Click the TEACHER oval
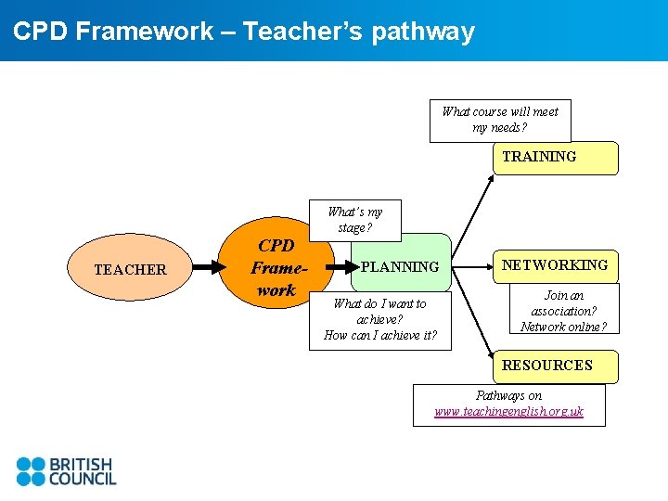[x=130, y=269]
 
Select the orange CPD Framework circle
[x=276, y=267]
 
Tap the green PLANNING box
[x=400, y=266]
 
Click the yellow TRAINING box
[x=555, y=158]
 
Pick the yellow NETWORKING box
[x=555, y=265]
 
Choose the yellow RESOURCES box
[x=555, y=366]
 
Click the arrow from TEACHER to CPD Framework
[x=211, y=268]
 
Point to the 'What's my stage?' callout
[x=354, y=220]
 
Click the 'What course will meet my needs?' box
[x=500, y=121]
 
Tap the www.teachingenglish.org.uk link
[x=508, y=411]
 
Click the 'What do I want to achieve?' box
[x=379, y=319]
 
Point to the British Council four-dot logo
[x=30, y=471]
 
